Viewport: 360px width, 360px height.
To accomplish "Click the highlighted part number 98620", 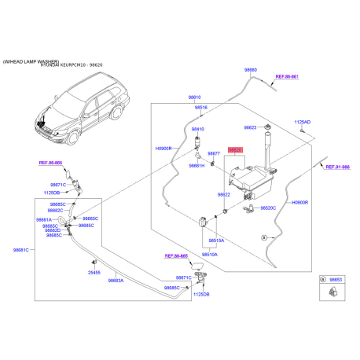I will coord(236,149).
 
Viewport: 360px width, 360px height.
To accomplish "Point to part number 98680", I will coord(251,70).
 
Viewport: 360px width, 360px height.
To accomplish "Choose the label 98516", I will coord(201,107).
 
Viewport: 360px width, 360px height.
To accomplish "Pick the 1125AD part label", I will coord(303,122).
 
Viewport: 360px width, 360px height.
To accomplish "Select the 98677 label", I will coord(214,153).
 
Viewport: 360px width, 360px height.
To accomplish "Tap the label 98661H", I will coord(197,166).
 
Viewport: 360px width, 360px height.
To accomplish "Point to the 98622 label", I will coord(224,194).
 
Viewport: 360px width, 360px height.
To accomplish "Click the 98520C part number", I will coord(268,208).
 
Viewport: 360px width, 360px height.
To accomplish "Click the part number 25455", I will coord(94,271).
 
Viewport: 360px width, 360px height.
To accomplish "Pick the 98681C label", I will coord(21,250).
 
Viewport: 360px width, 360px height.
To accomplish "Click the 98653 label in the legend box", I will coord(336,279).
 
